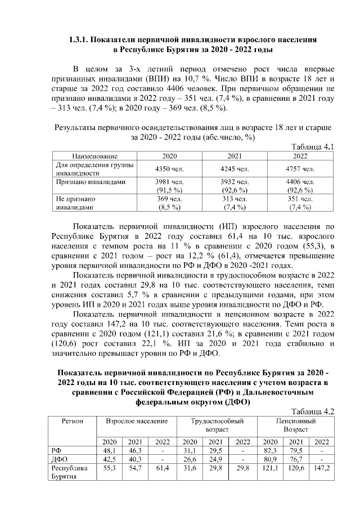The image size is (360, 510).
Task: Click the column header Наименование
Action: pyautogui.click(x=94, y=156)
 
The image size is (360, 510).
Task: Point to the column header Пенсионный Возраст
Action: pyautogui.click(x=296, y=425)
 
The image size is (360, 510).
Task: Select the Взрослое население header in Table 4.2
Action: pyautogui.click(x=133, y=421)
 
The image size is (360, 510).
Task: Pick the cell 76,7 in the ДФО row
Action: pyautogui.click(x=296, y=459)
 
